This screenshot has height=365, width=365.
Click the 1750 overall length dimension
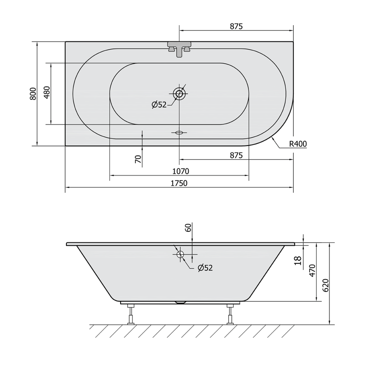[179, 183]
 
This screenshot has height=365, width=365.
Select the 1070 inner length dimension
[181, 172]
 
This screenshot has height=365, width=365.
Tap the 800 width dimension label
[33, 94]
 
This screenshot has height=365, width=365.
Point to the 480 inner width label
[47, 92]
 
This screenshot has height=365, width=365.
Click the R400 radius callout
[298, 144]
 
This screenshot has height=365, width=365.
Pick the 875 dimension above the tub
[236, 26]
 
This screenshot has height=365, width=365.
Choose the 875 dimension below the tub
[236, 155]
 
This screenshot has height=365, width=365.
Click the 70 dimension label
[138, 159]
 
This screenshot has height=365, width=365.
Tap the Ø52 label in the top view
[159, 105]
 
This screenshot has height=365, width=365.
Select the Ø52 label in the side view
[205, 268]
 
